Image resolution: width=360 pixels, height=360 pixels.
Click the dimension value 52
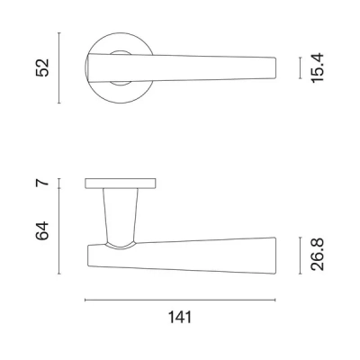(42, 67)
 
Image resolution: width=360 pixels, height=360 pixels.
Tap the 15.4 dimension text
(318, 67)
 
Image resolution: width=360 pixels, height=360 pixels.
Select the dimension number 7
(42, 183)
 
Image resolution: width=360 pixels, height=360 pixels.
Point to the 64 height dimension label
(42, 230)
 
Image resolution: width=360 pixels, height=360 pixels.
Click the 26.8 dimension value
(318, 255)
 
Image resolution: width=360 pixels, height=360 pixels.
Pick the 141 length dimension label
(180, 318)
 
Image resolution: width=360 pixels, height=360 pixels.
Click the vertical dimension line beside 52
(59, 67)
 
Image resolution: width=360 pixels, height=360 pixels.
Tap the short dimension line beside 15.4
(300, 67)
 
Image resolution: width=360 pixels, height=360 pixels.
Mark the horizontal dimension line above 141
(180, 300)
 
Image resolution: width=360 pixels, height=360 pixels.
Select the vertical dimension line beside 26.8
(300, 256)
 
